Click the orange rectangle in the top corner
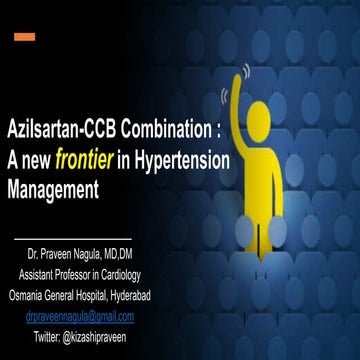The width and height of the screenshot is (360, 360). click(x=25, y=37)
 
